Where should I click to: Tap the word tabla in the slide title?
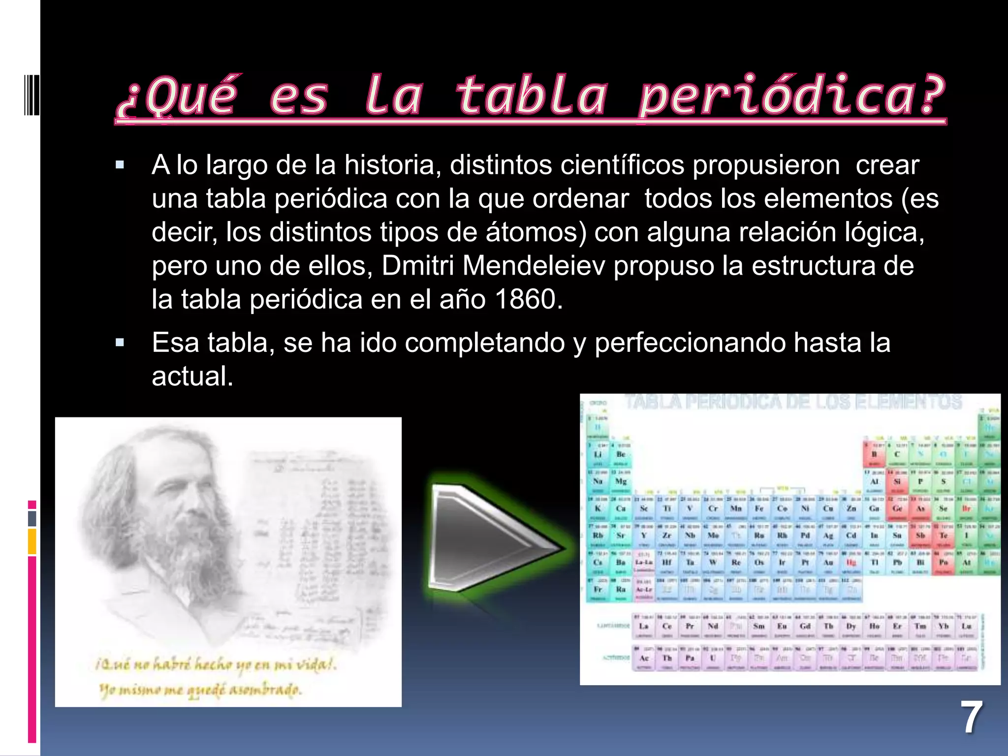[x=532, y=96]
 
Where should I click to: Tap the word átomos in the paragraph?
[x=535, y=232]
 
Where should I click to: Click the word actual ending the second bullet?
[x=192, y=377]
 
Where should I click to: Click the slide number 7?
[x=971, y=718]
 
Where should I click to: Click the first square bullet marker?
[x=120, y=165]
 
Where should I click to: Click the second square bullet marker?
[x=120, y=343]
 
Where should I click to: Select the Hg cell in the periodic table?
[x=851, y=563]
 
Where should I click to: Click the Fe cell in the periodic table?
[x=759, y=508]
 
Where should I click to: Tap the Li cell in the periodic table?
[x=598, y=454]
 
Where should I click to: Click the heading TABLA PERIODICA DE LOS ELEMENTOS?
[x=792, y=402]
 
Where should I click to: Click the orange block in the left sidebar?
[x=32, y=541]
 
